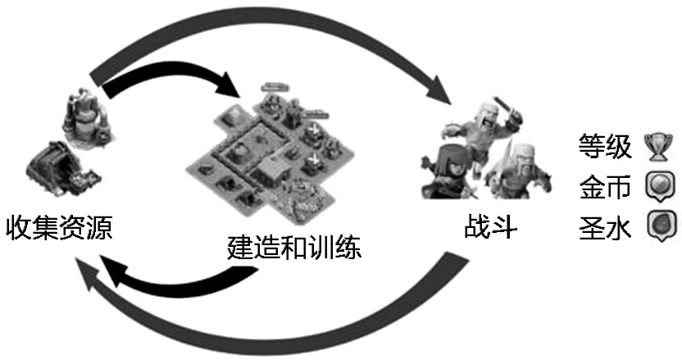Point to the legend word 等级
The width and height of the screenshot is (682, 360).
[x=605, y=148]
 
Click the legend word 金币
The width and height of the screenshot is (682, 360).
[x=605, y=187]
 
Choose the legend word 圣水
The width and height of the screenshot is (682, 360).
[x=605, y=226]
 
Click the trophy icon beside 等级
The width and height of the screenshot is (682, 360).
[x=657, y=148]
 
